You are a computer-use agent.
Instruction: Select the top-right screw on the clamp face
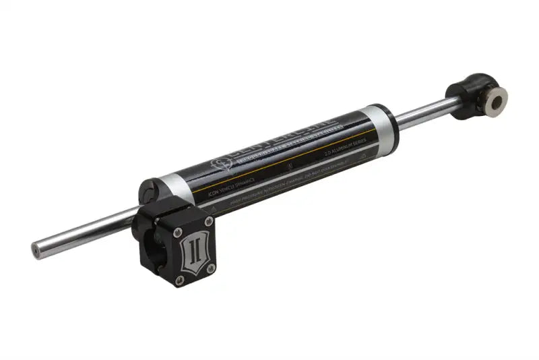[x=209, y=221]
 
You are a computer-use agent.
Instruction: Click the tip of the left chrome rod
[x=33, y=249]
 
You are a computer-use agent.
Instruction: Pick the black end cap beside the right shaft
[x=392, y=124]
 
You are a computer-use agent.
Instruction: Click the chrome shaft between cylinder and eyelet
[x=424, y=113]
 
